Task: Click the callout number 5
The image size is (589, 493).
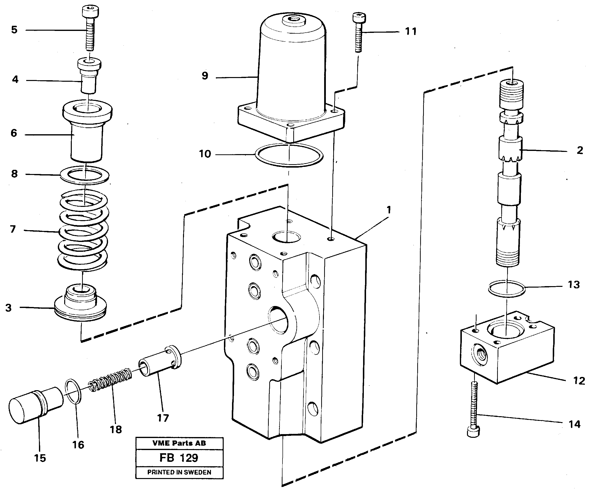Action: (x=14, y=30)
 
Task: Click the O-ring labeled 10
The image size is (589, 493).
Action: (x=289, y=155)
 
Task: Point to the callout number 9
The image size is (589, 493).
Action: (x=205, y=76)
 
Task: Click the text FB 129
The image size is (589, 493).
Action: (x=179, y=458)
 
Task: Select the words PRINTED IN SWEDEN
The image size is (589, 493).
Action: (x=179, y=472)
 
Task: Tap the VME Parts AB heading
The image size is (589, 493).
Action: (x=179, y=443)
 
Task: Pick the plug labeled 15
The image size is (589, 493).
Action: (x=35, y=405)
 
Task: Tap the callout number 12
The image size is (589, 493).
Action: (x=579, y=381)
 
